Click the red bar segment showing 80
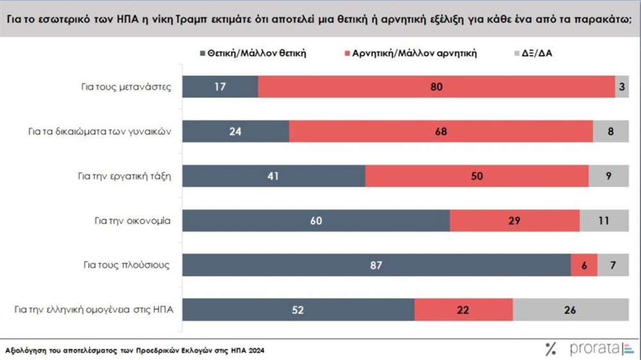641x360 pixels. pyautogui.click(x=437, y=87)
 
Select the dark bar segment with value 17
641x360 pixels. pyautogui.click(x=220, y=87)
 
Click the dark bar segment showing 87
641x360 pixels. pyautogui.click(x=376, y=265)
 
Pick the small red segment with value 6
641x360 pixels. pyautogui.click(x=584, y=265)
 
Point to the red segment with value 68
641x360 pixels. pyautogui.click(x=441, y=131)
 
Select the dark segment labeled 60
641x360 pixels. pyautogui.click(x=316, y=221)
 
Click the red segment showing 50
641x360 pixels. pyautogui.click(x=476, y=176)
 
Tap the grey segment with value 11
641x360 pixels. pyautogui.click(x=604, y=221)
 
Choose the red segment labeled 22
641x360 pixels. pyautogui.click(x=463, y=309)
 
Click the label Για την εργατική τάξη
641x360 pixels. pyautogui.click(x=133, y=176)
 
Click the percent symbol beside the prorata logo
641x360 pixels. pyautogui.click(x=551, y=349)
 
